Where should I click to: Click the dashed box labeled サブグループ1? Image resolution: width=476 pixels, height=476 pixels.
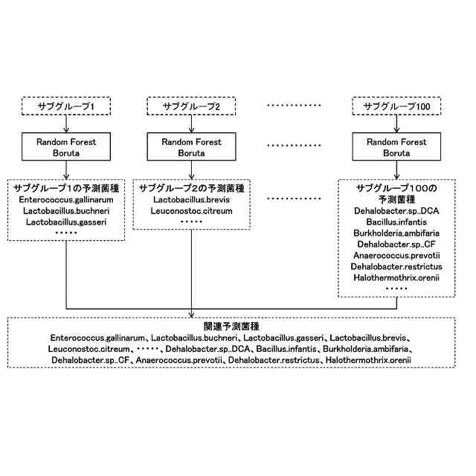[68, 107]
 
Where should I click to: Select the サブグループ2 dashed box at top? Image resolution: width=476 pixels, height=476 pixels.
[193, 107]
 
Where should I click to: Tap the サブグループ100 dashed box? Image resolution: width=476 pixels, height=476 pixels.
[396, 107]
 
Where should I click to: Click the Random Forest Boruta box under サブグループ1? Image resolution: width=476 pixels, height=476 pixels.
[68, 148]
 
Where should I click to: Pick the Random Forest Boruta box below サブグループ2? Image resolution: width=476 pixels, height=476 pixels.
[193, 148]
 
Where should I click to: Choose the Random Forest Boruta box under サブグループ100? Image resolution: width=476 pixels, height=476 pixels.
[396, 148]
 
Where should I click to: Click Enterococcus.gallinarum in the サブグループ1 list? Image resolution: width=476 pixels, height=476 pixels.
[68, 200]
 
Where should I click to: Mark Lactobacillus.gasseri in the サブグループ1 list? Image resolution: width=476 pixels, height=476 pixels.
[68, 222]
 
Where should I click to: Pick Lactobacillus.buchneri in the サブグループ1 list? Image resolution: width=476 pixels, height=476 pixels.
[68, 211]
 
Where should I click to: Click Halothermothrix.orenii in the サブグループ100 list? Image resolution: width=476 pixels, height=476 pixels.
[396, 277]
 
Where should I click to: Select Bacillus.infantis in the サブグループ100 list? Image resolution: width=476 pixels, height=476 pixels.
[396, 222]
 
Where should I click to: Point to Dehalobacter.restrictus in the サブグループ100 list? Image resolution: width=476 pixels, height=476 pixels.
[396, 266]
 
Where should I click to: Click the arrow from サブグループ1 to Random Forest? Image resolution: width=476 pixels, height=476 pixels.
[68, 125]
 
